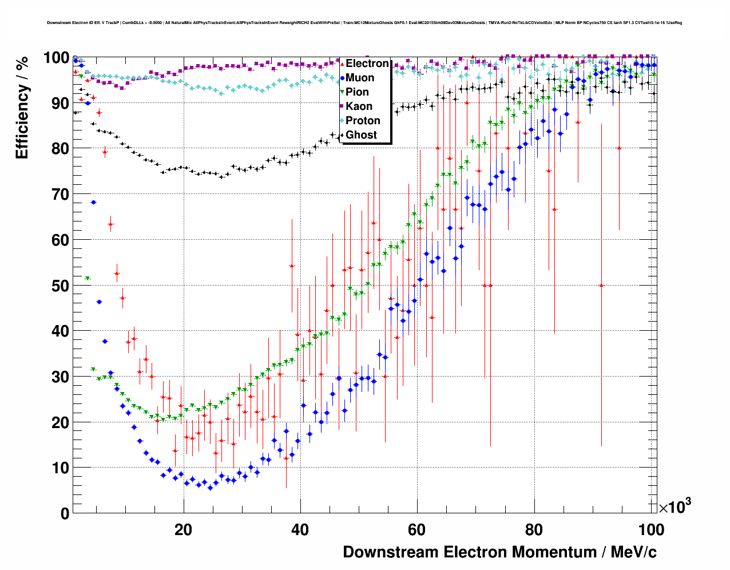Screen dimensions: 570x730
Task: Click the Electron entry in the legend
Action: click(x=367, y=64)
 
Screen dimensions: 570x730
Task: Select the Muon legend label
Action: click(x=360, y=78)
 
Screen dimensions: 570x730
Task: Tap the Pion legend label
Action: click(x=357, y=92)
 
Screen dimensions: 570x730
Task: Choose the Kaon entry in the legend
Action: click(x=359, y=106)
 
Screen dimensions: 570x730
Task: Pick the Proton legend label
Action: click(x=363, y=121)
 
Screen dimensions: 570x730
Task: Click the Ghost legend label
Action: click(x=361, y=135)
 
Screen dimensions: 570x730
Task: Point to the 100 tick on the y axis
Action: click(x=57, y=58)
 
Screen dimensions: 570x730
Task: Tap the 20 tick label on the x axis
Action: click(x=183, y=529)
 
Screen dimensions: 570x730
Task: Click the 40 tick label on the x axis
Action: click(x=300, y=529)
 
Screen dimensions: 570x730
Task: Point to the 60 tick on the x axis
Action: click(x=416, y=529)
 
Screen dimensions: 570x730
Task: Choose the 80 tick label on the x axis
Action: click(x=534, y=529)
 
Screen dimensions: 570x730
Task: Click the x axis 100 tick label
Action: click(x=650, y=529)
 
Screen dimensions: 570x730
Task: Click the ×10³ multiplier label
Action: click(x=675, y=506)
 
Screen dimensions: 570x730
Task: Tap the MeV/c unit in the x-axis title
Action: click(x=633, y=552)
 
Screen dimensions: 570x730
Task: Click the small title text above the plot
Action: click(x=364, y=23)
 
